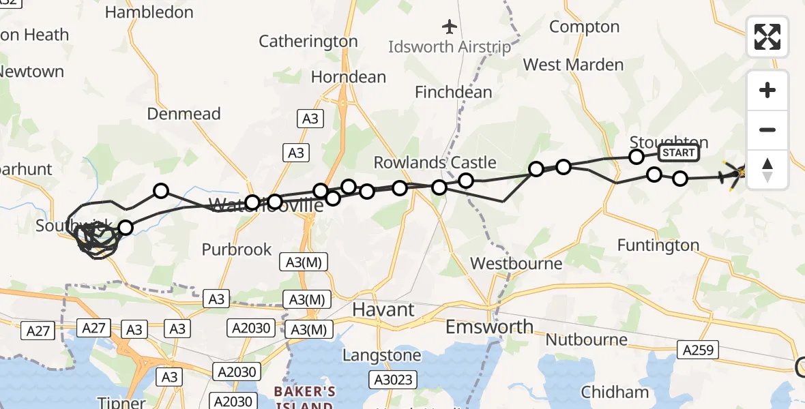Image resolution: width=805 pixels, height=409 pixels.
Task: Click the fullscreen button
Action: [x=767, y=37]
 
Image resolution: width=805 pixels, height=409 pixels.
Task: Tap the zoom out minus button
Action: [x=767, y=130]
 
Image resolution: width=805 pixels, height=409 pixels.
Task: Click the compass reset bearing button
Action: [x=767, y=170]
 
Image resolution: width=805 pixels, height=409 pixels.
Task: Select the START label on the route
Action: [x=678, y=153]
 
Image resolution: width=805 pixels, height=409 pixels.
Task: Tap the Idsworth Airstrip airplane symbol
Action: [x=449, y=27]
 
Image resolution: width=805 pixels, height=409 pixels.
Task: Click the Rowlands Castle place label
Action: [x=435, y=162]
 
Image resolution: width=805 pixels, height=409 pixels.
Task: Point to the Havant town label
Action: [x=383, y=309]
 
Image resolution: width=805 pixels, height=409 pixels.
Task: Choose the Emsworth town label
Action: [x=489, y=327]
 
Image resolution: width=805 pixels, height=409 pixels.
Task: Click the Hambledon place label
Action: [x=149, y=12]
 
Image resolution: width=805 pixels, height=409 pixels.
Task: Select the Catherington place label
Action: [x=308, y=42]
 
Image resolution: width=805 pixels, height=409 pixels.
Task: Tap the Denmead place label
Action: [x=184, y=114]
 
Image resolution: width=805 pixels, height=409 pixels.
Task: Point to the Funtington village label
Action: [x=658, y=245]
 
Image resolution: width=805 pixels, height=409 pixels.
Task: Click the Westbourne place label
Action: [x=516, y=263]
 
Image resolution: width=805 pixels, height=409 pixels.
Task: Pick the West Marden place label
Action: [x=573, y=65]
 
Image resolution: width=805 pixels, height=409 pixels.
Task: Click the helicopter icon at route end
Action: [x=734, y=175]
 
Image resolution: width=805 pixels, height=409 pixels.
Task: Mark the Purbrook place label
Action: [x=236, y=249]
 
